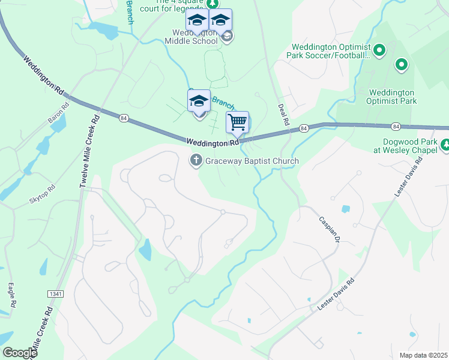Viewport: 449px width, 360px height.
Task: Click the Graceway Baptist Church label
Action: coord(252,161)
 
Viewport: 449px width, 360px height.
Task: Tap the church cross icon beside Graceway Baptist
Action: coord(195,160)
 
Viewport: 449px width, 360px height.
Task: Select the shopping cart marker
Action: coord(237,122)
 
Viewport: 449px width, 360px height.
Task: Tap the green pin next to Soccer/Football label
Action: coord(379,50)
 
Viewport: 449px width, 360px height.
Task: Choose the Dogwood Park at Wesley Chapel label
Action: coord(406,147)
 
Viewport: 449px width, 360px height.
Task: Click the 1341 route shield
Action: coord(56,293)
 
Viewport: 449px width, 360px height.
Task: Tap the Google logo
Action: coord(20,353)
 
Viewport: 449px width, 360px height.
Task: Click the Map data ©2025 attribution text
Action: coord(423,355)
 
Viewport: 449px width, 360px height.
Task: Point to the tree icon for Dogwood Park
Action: coord(445,145)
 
